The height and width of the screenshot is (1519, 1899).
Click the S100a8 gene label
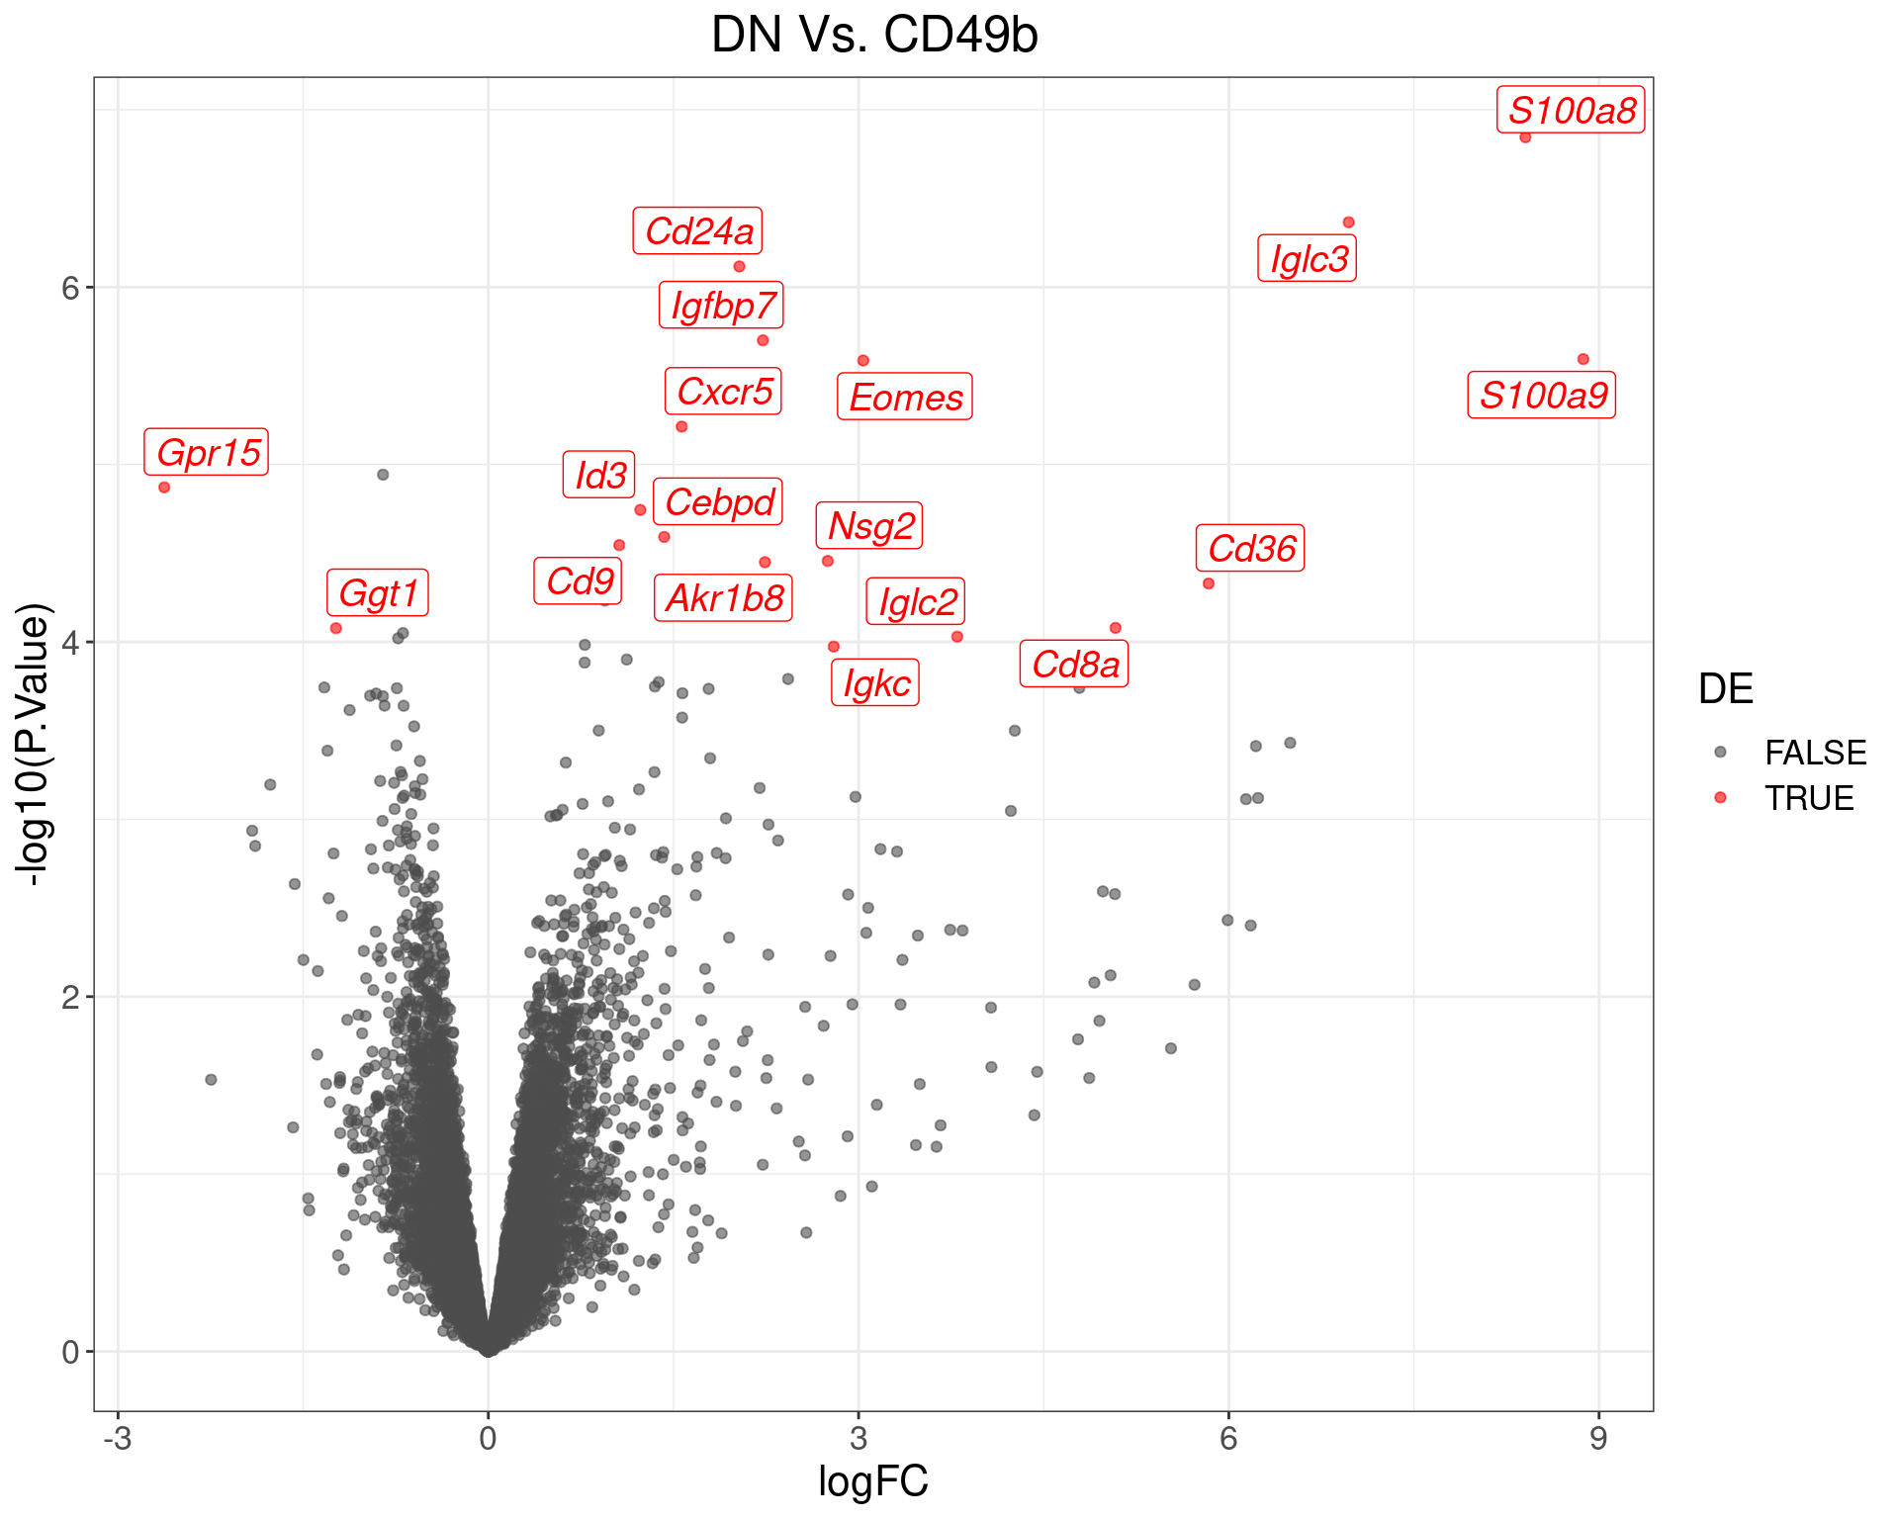[1571, 110]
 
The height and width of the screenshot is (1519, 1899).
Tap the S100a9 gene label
[1542, 396]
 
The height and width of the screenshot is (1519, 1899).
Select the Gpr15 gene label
[207, 453]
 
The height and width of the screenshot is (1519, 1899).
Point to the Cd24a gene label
[698, 231]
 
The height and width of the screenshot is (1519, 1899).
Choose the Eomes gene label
[905, 398]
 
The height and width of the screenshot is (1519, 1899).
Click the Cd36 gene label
[1250, 549]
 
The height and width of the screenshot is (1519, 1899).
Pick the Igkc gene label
[875, 683]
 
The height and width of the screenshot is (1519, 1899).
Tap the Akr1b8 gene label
[724, 598]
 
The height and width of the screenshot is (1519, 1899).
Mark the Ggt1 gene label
[378, 593]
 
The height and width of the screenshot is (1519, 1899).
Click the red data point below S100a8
[1525, 137]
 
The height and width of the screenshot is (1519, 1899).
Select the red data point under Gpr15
[164, 488]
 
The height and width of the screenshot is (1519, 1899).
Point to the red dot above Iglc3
[1348, 223]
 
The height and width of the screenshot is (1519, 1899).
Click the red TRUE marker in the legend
[1720, 797]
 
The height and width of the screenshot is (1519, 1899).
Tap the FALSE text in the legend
[1815, 753]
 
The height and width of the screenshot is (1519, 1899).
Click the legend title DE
[1725, 689]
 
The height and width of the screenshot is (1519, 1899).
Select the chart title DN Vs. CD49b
[874, 36]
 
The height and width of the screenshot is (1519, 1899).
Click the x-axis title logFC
[873, 1481]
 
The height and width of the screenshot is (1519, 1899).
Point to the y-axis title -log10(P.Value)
[33, 744]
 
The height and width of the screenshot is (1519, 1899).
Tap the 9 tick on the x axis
[1598, 1439]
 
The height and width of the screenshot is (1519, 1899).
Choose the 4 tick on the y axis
[70, 643]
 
